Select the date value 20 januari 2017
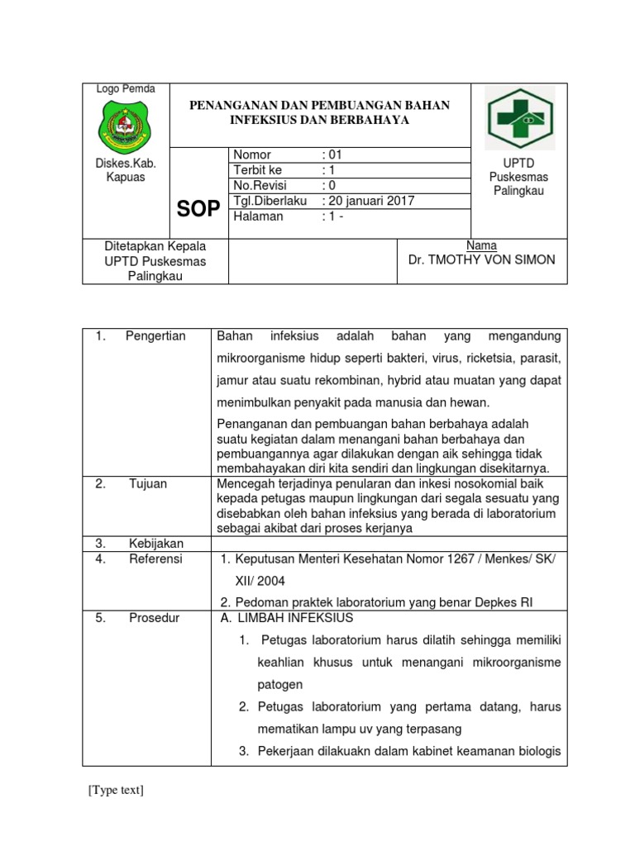tap(371, 201)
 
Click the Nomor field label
tap(252, 154)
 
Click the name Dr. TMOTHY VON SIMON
tap(482, 260)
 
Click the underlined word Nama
tap(481, 245)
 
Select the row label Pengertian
tap(155, 335)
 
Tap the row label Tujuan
tap(148, 484)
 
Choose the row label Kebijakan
tap(155, 544)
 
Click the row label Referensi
tap(155, 559)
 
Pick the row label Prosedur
tap(153, 618)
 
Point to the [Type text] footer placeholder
tap(116, 791)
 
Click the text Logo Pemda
tap(120, 89)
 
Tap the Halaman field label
tap(258, 216)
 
